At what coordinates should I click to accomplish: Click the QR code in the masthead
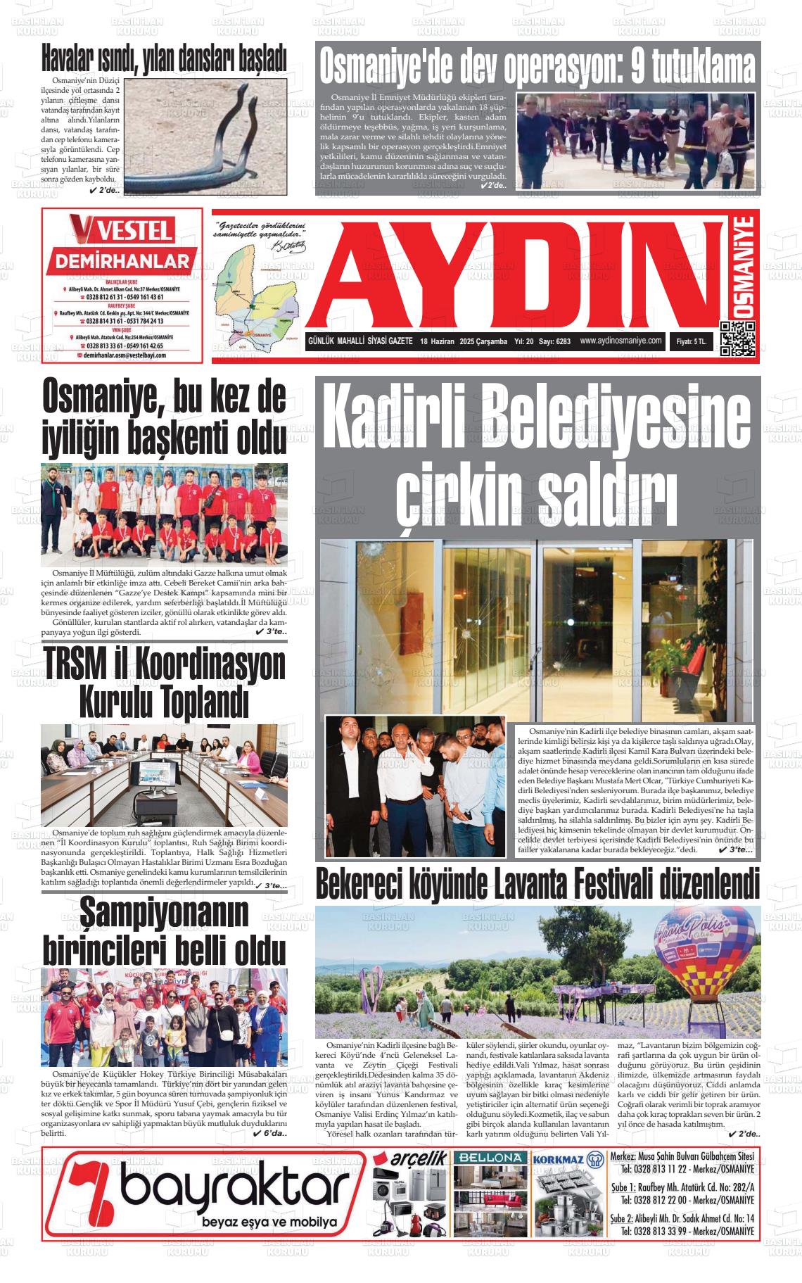(737, 339)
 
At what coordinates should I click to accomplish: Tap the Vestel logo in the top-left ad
(121, 230)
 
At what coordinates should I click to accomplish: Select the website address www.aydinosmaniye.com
(621, 341)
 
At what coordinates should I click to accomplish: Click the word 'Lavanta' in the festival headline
(526, 884)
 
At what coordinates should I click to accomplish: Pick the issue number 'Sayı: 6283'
(554, 341)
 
